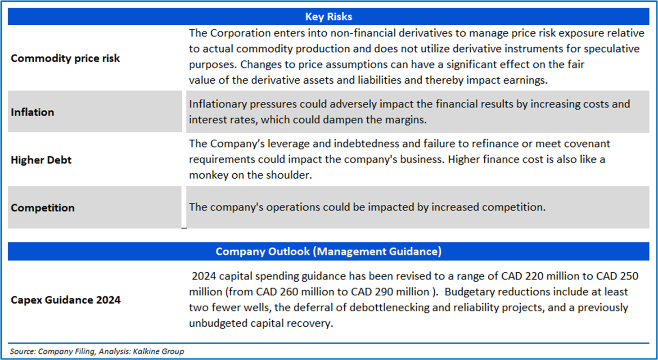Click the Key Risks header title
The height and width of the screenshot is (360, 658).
click(x=329, y=17)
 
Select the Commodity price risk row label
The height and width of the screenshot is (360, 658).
click(x=65, y=58)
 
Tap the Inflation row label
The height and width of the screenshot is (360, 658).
click(x=32, y=112)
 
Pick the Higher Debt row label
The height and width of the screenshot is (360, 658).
click(x=41, y=160)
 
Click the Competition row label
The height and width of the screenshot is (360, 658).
click(x=43, y=208)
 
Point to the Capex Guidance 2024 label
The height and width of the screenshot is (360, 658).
click(x=66, y=300)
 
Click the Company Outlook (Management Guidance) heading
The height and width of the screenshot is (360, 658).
click(x=329, y=252)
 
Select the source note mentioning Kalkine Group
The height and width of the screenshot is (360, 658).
click(x=97, y=351)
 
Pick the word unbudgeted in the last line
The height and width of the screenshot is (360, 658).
click(x=218, y=323)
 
